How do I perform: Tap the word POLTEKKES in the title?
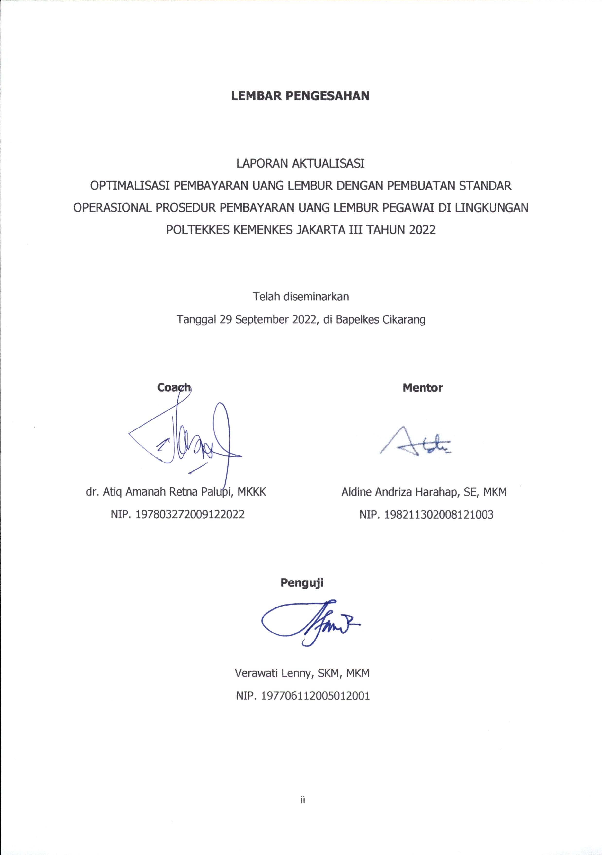pyautogui.click(x=198, y=230)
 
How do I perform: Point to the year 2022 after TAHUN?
pyautogui.click(x=422, y=230)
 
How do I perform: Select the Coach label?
pyautogui.click(x=174, y=388)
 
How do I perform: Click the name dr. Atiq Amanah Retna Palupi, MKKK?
pyautogui.click(x=176, y=492)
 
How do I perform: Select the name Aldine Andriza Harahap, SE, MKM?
pyautogui.click(x=424, y=492)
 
